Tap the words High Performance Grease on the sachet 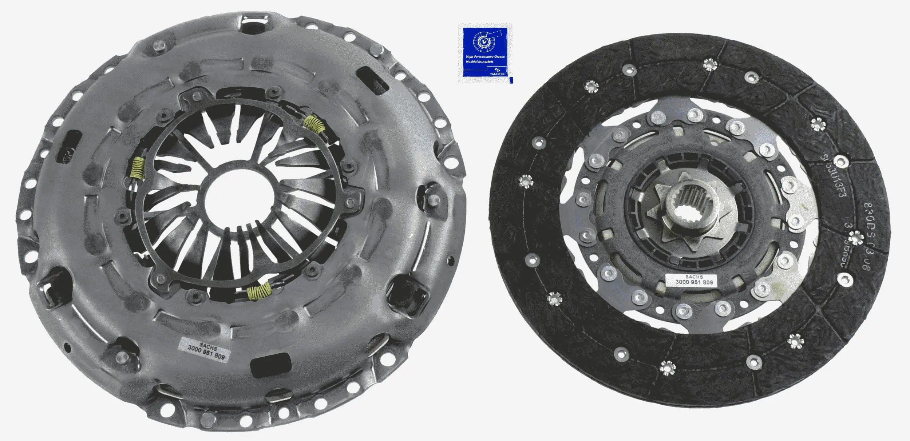(485, 57)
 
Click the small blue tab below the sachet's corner (511, 80)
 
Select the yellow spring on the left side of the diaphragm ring (138, 169)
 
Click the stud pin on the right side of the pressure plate (433, 200)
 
